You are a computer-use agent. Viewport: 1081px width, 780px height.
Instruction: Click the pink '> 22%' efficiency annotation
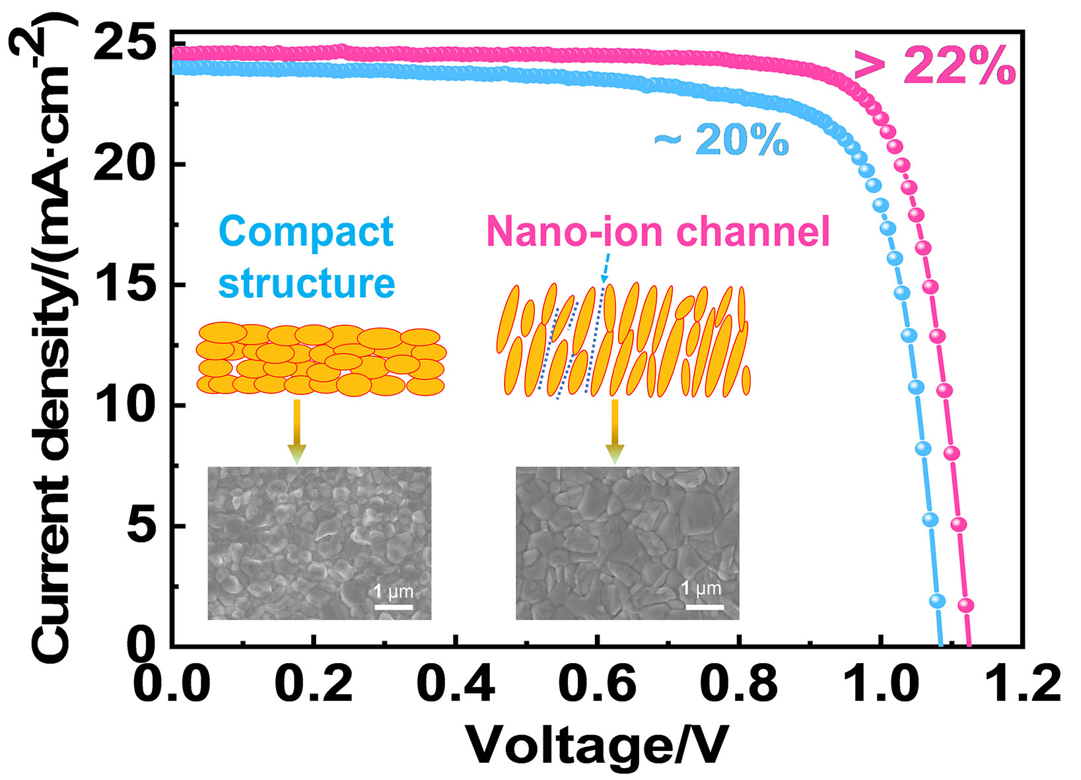pos(935,66)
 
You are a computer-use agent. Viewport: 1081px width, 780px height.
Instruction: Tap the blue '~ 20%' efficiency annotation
pos(722,139)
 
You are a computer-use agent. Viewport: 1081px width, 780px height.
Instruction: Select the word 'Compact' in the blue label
pos(306,232)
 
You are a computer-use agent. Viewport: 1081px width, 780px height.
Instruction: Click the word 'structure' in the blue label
pos(307,283)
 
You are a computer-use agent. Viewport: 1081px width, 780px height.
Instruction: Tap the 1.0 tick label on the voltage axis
pos(881,684)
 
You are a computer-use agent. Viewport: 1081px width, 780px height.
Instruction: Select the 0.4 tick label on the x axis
pos(455,684)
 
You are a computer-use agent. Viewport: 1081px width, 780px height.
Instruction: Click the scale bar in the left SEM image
pos(394,607)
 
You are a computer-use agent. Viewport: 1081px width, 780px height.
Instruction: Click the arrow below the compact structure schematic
pos(296,431)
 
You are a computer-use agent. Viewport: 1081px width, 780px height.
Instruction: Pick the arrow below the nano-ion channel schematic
pos(615,431)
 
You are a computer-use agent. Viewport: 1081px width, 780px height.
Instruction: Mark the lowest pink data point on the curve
pos(966,605)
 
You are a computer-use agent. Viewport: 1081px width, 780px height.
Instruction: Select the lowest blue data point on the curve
pos(937,601)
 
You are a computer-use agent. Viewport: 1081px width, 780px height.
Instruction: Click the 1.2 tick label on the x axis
pos(1022,684)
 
